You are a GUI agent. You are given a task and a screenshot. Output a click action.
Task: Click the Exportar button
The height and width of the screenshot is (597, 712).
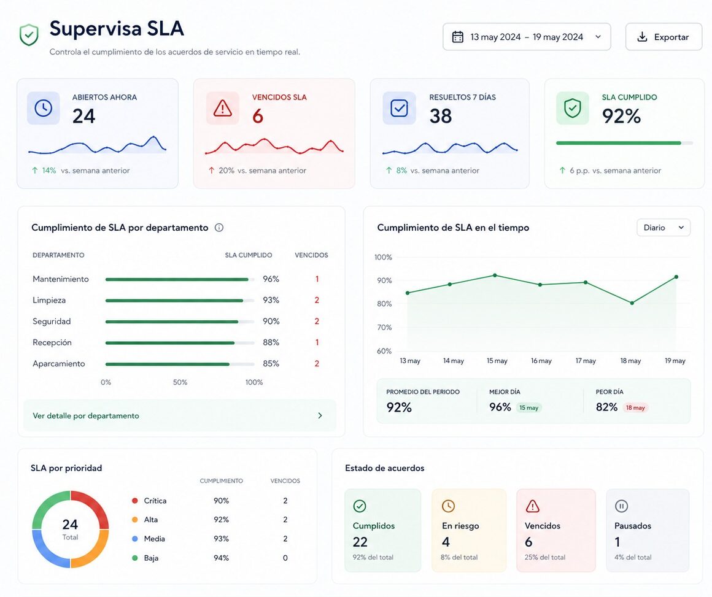coord(664,37)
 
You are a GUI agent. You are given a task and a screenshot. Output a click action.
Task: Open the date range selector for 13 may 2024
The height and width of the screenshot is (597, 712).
coord(527,37)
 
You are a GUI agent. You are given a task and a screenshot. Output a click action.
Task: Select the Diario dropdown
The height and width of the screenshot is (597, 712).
coord(664,228)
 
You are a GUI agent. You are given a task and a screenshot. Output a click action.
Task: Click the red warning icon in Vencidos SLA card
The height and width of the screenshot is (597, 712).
coord(222,108)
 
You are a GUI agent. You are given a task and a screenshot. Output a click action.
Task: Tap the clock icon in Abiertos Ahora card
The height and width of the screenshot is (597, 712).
coord(44,108)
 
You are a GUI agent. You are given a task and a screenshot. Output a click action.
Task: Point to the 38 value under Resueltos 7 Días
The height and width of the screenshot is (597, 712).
coord(441,116)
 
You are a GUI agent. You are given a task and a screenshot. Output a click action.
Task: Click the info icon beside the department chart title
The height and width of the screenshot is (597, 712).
coord(219,228)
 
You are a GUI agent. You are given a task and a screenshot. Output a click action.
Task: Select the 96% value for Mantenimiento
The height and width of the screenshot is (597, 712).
coord(271,279)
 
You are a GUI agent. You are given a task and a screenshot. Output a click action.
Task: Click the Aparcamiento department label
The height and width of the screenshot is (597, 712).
coord(58,364)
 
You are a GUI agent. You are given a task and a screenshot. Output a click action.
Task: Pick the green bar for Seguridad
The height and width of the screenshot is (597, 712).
coord(172,322)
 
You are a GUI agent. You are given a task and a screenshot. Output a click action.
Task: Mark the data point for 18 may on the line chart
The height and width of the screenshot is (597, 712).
coord(632,303)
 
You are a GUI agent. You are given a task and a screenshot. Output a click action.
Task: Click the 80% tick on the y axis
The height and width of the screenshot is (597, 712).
coord(384,304)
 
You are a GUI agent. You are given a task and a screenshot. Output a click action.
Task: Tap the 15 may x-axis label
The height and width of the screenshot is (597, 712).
coord(497,361)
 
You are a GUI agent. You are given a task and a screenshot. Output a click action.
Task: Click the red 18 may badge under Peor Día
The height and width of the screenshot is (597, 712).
coord(635,407)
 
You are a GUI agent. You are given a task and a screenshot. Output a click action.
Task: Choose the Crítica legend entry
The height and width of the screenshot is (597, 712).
coord(149,501)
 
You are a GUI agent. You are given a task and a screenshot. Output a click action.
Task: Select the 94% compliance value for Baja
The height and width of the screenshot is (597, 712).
coord(221,558)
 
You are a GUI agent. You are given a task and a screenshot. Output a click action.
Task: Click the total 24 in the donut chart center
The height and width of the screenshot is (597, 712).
coord(70,525)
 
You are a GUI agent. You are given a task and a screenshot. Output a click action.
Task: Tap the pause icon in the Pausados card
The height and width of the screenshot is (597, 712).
coord(621,506)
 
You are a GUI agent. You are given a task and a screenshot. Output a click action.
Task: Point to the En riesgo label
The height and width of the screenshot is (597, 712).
coord(460,526)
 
